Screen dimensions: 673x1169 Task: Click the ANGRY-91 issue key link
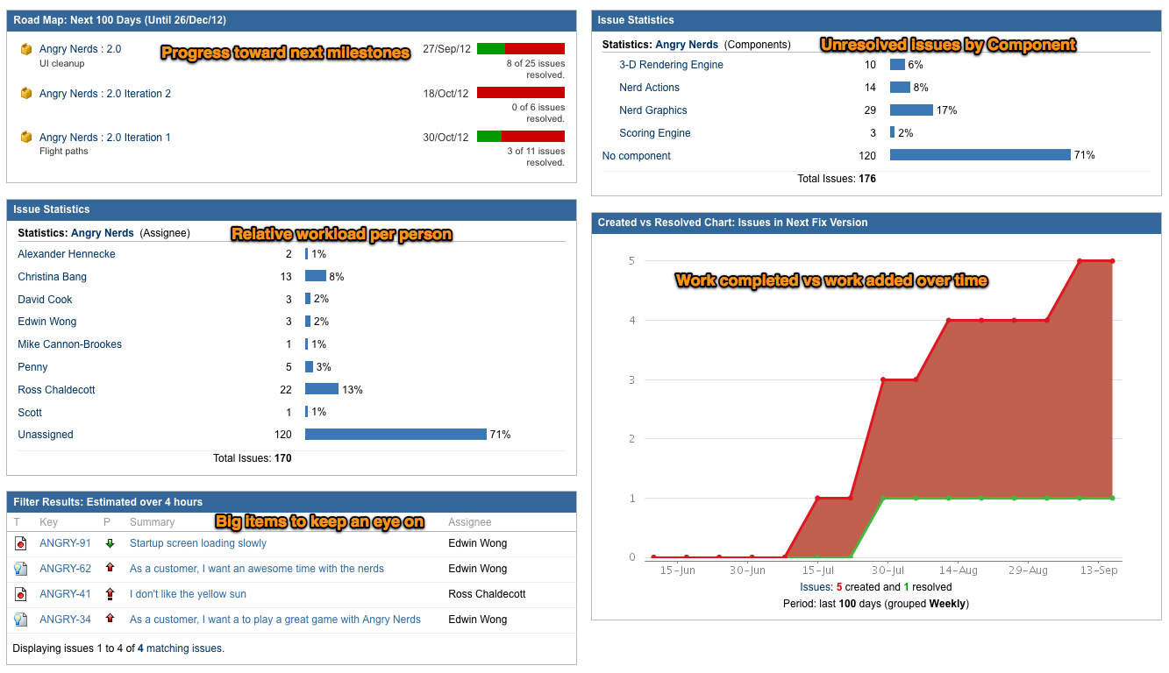click(x=65, y=543)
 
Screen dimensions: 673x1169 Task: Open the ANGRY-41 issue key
click(x=65, y=594)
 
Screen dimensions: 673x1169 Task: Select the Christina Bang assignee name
click(x=52, y=277)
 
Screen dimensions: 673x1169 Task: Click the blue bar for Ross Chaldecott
click(x=321, y=390)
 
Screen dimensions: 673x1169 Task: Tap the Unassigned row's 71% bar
click(x=396, y=435)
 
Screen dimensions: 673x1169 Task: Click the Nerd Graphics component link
click(x=652, y=110)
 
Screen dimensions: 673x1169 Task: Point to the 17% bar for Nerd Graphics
click(x=911, y=110)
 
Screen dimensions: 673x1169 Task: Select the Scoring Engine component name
click(x=654, y=133)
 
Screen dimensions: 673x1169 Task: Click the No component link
click(x=636, y=156)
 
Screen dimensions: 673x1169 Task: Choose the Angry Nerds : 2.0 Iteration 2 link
click(x=105, y=94)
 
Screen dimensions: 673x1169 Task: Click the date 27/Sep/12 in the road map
click(x=446, y=49)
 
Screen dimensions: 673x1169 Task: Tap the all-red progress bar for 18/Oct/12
click(x=520, y=93)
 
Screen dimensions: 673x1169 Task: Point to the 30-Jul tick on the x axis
click(x=887, y=570)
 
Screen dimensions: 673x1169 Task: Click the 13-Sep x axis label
click(x=1098, y=570)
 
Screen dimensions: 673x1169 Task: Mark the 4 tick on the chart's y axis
click(x=631, y=321)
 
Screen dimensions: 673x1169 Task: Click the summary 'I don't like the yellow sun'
click(x=188, y=594)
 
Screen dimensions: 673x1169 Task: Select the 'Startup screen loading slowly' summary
click(x=198, y=543)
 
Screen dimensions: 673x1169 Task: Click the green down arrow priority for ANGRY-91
click(x=110, y=543)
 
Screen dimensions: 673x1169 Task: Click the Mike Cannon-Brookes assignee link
click(x=69, y=344)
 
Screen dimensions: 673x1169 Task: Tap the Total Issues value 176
click(x=866, y=179)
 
